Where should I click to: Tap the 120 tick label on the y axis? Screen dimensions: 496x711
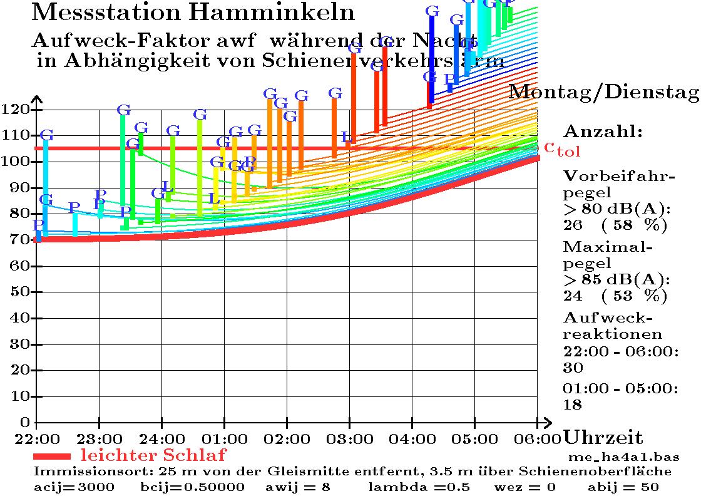coord(16,110)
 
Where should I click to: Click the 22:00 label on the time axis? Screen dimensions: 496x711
coord(37,437)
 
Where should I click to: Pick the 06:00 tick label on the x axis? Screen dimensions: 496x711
coord(538,437)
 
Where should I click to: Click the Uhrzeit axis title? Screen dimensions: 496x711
coord(603,437)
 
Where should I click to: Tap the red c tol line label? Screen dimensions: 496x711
coord(562,148)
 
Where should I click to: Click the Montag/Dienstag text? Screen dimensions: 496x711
coord(603,92)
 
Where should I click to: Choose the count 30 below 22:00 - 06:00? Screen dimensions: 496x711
coord(573,367)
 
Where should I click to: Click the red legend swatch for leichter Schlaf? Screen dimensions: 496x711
coord(53,456)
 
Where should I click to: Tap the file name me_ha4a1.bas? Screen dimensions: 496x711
coord(624,457)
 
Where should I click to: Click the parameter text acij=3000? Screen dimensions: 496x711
coord(74,487)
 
